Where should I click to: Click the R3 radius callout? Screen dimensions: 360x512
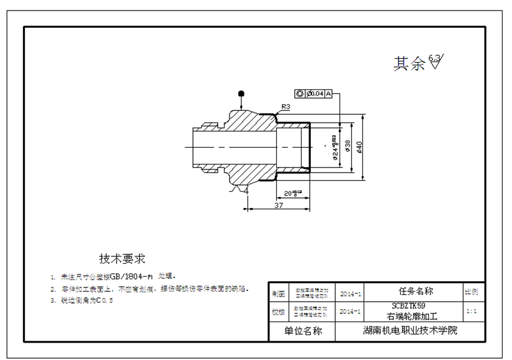coord(287,107)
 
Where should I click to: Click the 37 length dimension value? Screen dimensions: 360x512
coord(279,205)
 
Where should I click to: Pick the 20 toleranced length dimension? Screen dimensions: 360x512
coord(292,192)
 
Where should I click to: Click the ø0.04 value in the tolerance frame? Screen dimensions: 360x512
coord(315,94)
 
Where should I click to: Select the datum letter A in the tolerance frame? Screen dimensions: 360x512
coord(330,94)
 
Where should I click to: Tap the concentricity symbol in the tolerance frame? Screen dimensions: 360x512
coord(300,94)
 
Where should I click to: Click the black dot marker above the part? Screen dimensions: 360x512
coord(241,94)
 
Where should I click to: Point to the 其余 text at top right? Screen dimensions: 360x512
coord(409,64)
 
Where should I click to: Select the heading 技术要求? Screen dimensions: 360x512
coord(122,258)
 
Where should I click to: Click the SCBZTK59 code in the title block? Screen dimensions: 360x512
coord(408,306)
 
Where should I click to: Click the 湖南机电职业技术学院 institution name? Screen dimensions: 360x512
coord(410,331)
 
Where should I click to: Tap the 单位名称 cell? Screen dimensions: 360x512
coord(303,331)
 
